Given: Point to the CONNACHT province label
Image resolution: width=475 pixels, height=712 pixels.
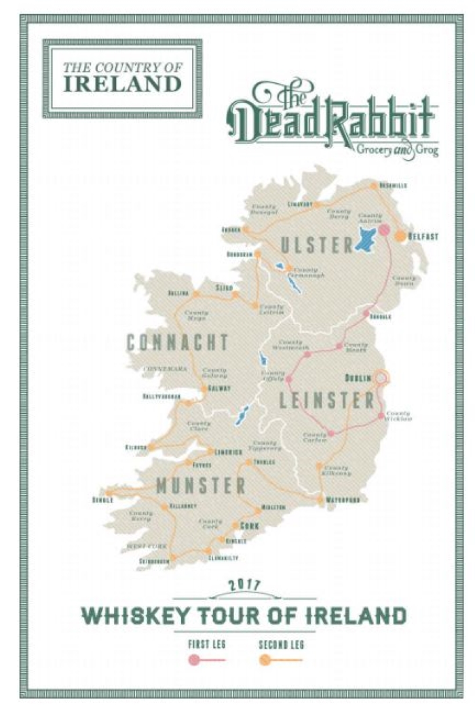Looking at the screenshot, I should pyautogui.click(x=178, y=342).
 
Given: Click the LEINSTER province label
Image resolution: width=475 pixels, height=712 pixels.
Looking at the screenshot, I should pyautogui.click(x=327, y=401).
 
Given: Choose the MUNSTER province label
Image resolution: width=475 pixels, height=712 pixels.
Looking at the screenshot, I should pyautogui.click(x=200, y=486).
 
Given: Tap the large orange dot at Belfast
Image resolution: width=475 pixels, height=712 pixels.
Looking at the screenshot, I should pyautogui.click(x=401, y=235).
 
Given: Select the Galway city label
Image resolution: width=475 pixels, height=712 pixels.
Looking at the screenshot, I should pyautogui.click(x=219, y=389).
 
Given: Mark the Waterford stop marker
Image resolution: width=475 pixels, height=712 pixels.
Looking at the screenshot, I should pyautogui.click(x=320, y=500).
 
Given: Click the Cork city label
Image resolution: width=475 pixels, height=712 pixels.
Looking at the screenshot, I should pyautogui.click(x=250, y=526).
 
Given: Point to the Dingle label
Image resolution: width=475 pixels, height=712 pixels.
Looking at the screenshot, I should pyautogui.click(x=102, y=501).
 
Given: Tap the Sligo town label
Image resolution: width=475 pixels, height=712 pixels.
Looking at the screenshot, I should pyautogui.click(x=224, y=288).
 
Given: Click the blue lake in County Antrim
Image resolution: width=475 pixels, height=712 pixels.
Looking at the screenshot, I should pyautogui.click(x=368, y=240).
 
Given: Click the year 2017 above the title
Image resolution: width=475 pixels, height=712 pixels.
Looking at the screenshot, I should pyautogui.click(x=243, y=584).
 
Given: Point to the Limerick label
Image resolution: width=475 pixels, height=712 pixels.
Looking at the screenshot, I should pyautogui.click(x=228, y=452).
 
